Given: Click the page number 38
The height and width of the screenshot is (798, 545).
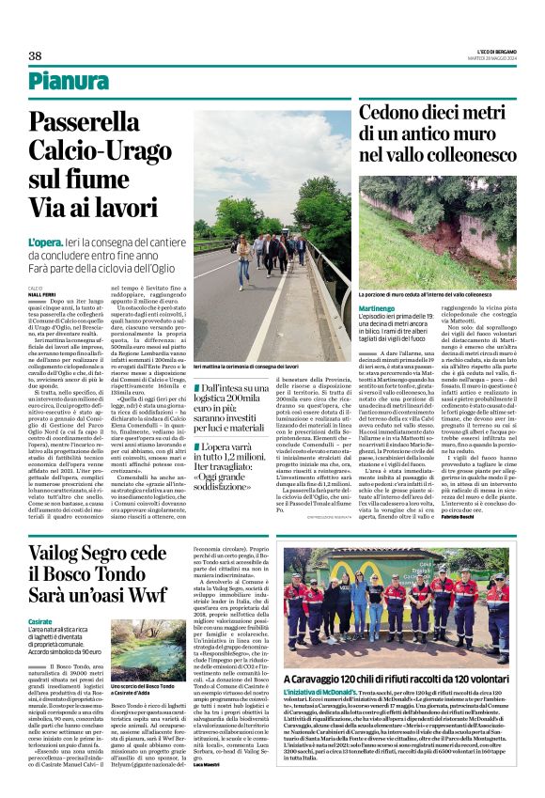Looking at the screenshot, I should pos(35,55).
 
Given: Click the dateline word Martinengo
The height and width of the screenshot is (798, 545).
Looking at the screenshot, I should pos(377,308).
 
